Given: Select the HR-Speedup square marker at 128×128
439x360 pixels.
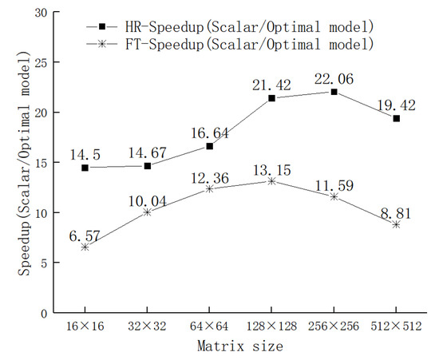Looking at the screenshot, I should click(x=271, y=98).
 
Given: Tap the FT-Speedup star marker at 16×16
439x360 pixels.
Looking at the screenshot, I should click(x=85, y=247).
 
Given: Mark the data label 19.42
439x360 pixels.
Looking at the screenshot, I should click(x=397, y=104).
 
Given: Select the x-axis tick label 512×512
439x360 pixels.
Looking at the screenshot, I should click(x=396, y=327).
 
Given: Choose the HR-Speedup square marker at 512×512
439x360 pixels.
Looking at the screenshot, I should click(x=396, y=118).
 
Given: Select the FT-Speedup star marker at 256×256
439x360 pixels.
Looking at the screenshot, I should click(x=334, y=196).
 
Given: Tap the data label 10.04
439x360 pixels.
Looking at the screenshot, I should click(x=148, y=197).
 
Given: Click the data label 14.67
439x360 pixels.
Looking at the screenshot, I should click(x=148, y=151).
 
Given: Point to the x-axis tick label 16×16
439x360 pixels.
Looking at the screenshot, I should click(x=85, y=327).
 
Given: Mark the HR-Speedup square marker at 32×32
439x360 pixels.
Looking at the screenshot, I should click(x=147, y=165).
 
